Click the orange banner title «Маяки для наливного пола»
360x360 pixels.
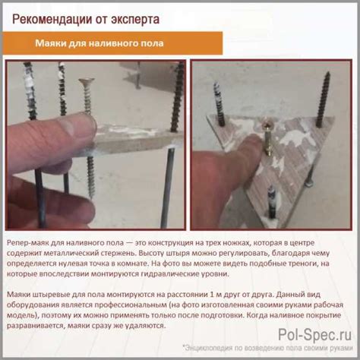[x=99, y=43]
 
